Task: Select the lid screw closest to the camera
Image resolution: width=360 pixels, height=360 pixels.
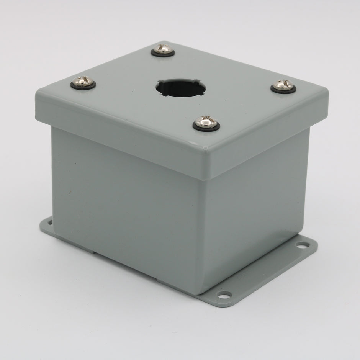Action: [x=206, y=122]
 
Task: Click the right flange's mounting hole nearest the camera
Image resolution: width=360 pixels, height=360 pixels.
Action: [x=224, y=295]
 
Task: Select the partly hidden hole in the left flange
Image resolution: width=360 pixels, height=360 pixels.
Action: [x=49, y=221]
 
